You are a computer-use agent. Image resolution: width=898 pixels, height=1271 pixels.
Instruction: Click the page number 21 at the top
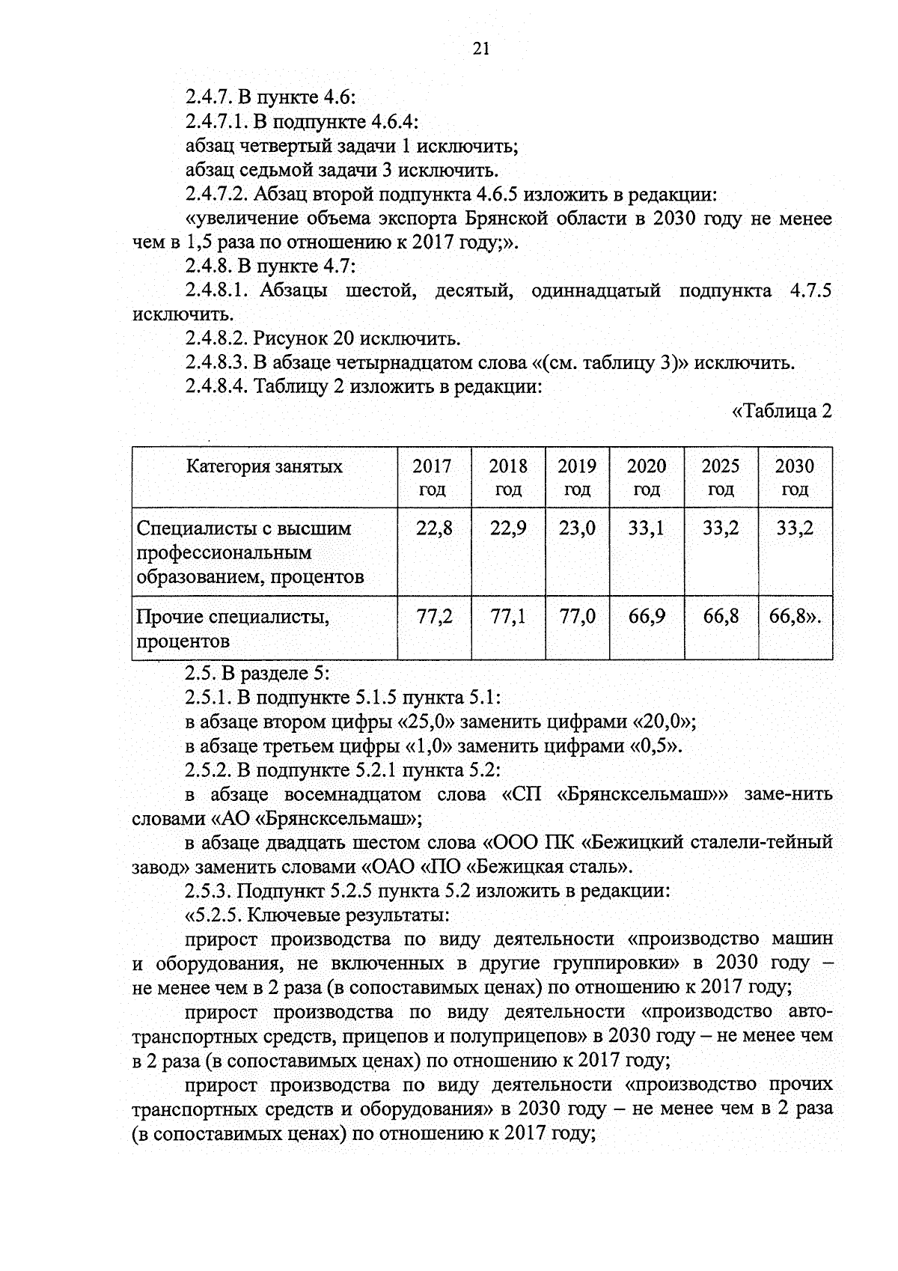tap(481, 49)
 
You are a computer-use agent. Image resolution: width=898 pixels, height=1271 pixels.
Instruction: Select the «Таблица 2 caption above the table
tap(781, 411)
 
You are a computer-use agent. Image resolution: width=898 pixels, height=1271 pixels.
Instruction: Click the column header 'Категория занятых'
tap(264, 466)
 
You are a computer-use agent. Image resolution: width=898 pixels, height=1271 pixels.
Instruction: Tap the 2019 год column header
tap(577, 478)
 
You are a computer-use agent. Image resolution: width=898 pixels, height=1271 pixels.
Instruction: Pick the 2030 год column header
tap(795, 478)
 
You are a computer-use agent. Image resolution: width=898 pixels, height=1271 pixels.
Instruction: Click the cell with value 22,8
tap(434, 528)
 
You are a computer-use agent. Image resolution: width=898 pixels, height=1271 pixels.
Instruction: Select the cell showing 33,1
tap(647, 528)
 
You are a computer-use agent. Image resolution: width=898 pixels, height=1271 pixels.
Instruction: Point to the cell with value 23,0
tap(577, 528)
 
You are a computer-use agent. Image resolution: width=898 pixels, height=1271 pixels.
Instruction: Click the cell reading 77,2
tap(434, 617)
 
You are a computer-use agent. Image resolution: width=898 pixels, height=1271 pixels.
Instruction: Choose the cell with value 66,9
tap(647, 617)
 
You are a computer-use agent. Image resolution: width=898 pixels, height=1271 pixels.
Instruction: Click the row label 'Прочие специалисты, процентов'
tap(233, 629)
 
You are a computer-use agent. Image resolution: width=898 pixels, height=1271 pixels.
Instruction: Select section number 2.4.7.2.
tap(216, 195)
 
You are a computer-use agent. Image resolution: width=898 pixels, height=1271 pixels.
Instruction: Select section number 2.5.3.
tap(208, 891)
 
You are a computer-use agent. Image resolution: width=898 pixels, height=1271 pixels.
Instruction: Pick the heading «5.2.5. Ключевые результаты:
tap(317, 915)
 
